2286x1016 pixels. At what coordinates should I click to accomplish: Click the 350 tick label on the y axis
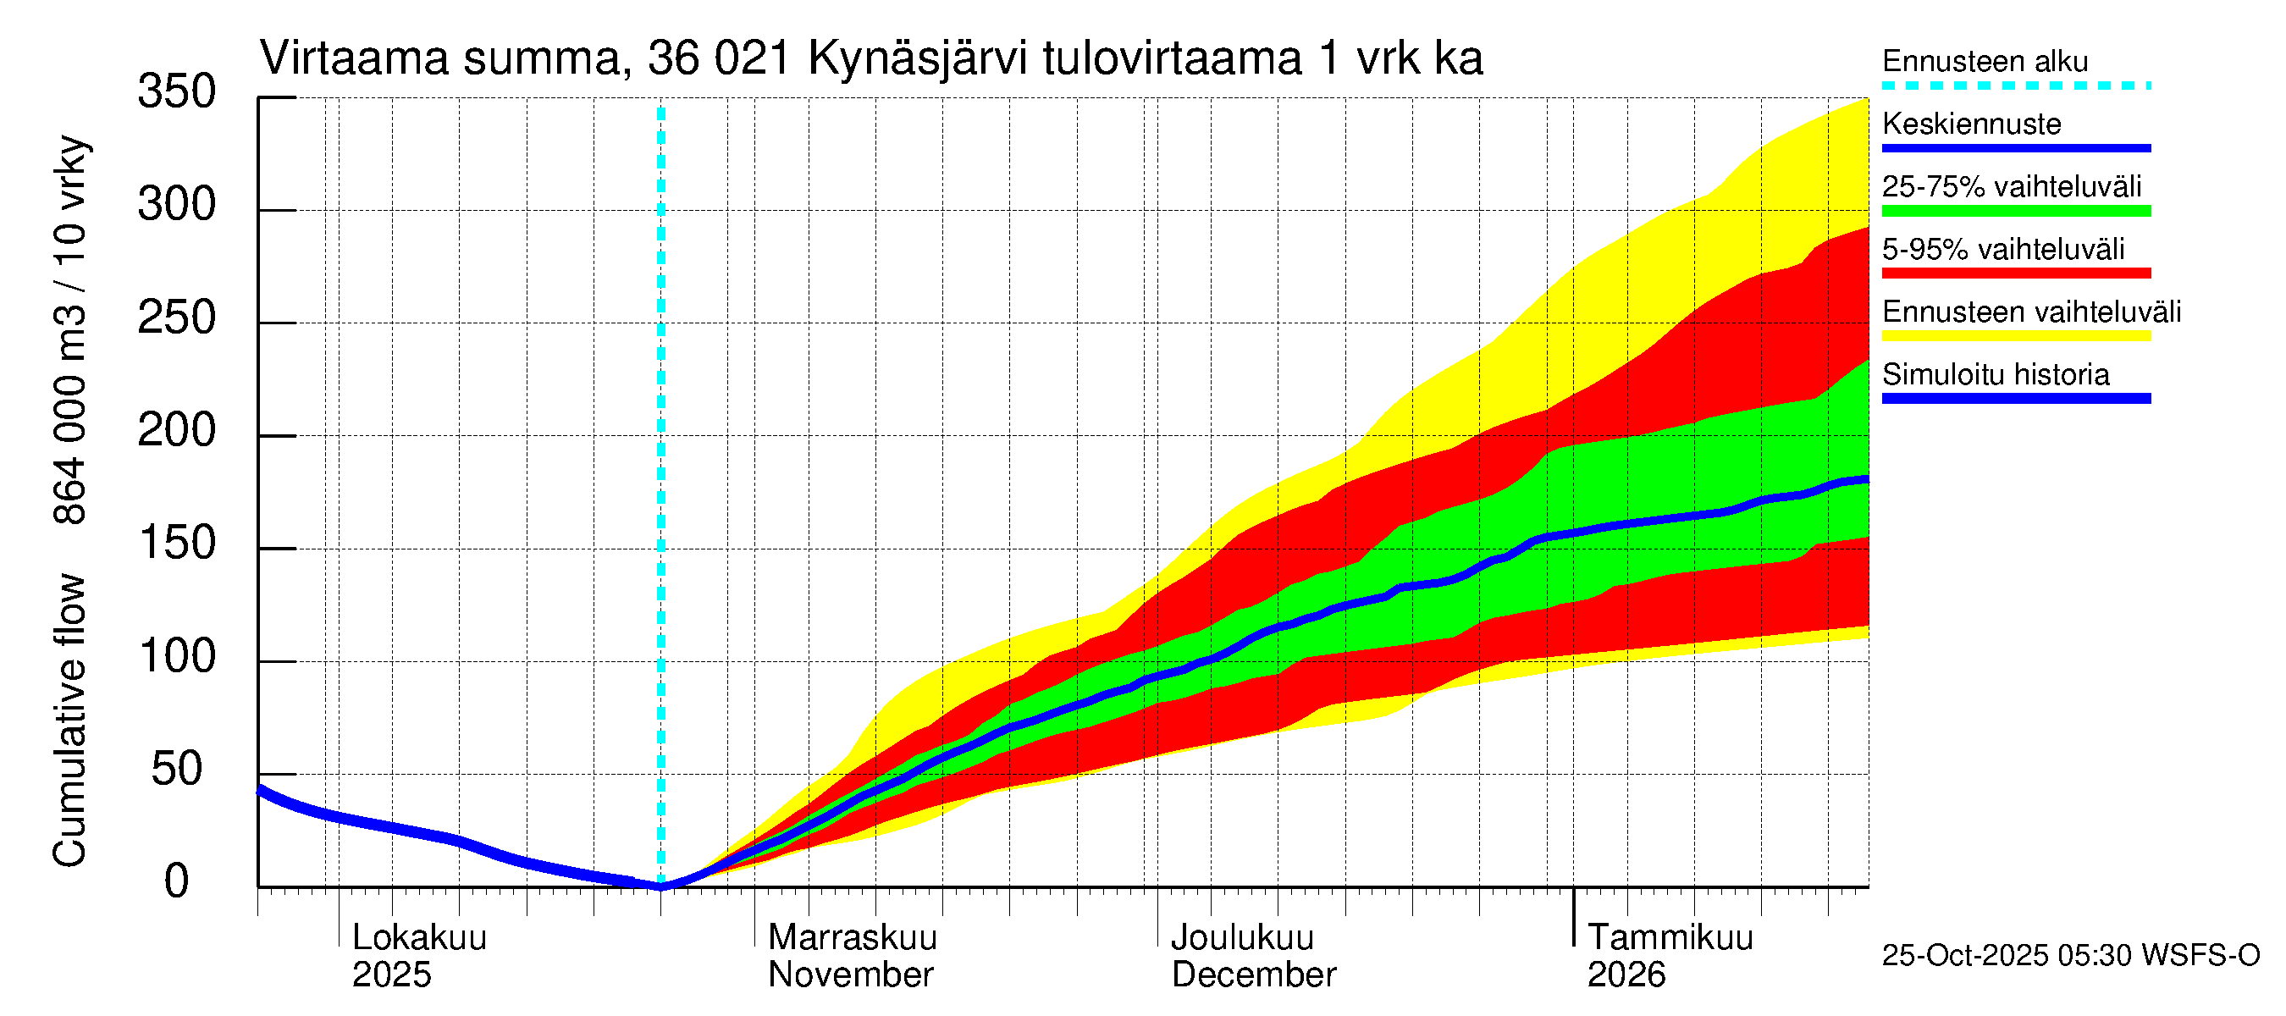point(176,92)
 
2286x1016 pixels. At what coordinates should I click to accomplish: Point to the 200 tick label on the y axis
point(176,431)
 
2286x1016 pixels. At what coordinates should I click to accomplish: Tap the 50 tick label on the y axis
point(176,770)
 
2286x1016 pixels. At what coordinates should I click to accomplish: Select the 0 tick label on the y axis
point(176,882)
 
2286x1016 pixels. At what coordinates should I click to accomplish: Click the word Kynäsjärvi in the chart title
point(918,59)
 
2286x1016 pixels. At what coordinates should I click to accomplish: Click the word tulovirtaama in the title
point(1172,59)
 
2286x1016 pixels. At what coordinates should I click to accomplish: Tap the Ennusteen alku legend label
point(1985,61)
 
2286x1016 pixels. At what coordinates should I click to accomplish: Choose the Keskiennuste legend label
point(1971,124)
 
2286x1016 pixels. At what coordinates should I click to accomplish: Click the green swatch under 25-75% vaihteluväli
point(2015,211)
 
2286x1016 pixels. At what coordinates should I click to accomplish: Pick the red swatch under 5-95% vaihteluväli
point(2015,273)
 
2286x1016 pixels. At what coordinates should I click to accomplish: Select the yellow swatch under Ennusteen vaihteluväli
point(2015,336)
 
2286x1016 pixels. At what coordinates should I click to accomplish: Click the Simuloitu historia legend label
point(1995,374)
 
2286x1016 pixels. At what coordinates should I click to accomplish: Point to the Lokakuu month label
point(419,938)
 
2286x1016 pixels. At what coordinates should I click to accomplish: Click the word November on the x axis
point(850,975)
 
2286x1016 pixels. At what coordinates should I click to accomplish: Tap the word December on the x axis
point(1253,975)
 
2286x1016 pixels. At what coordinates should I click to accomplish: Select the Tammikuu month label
point(1670,938)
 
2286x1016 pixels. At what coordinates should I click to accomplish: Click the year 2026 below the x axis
point(1626,975)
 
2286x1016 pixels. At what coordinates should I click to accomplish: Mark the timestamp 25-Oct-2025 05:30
point(2007,956)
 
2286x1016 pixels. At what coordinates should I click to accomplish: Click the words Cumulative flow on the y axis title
point(69,721)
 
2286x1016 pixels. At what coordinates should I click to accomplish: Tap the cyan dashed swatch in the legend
point(2015,86)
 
